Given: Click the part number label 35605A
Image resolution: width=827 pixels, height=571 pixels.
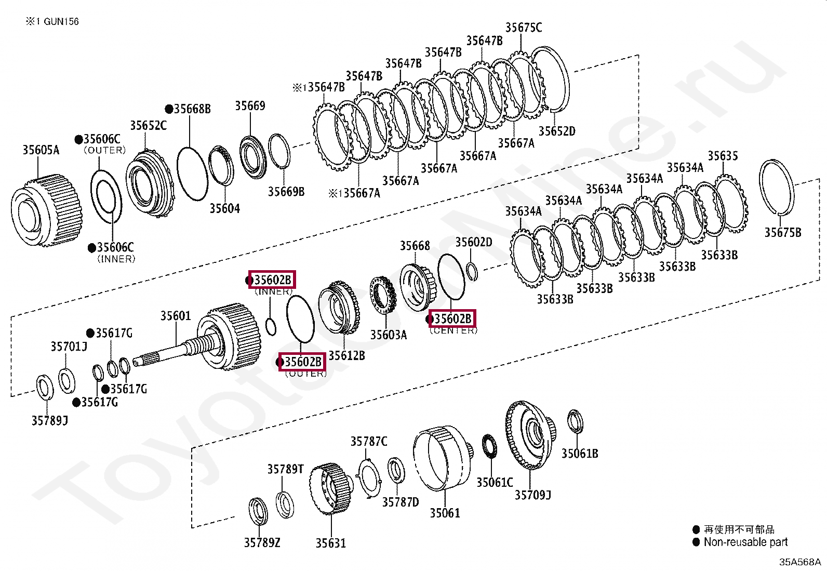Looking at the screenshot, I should click(41, 150).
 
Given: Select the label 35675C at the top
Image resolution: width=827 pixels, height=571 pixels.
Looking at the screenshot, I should click(523, 28).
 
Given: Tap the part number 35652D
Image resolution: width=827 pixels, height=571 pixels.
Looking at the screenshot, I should click(556, 131).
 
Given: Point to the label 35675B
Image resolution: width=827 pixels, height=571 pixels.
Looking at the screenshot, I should click(782, 233).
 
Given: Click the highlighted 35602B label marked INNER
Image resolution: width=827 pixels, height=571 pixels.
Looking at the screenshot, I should click(272, 280).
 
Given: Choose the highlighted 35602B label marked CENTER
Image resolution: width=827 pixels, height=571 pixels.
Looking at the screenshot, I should click(452, 318).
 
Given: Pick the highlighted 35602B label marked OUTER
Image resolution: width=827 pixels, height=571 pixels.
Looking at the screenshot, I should click(302, 362).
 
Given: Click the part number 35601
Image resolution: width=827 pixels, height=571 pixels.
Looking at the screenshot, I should click(175, 316).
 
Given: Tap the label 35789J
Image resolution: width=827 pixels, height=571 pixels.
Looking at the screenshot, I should click(49, 421).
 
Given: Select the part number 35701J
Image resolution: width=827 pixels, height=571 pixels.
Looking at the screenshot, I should click(69, 347).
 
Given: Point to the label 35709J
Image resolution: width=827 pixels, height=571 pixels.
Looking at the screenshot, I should click(532, 495).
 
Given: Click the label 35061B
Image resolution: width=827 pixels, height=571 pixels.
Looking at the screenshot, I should click(579, 454).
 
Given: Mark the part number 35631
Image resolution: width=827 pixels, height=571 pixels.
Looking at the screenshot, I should click(330, 543).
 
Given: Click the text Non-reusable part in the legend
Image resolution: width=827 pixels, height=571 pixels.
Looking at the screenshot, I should click(745, 542).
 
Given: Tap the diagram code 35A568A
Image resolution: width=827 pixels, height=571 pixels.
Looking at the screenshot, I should click(799, 562).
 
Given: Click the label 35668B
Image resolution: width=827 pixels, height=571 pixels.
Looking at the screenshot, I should click(192, 109).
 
